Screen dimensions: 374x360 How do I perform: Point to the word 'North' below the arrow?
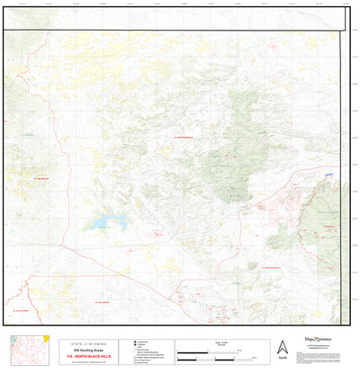[283, 359]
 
